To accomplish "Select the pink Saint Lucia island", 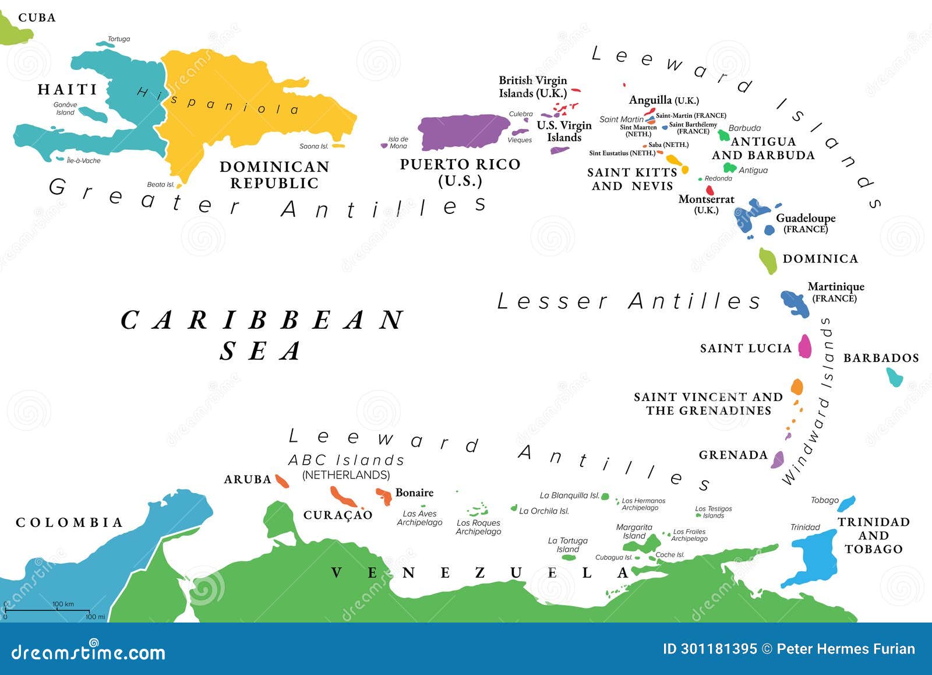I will tap(805, 346).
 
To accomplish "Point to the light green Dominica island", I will tap(768, 260).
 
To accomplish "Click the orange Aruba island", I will tap(282, 481).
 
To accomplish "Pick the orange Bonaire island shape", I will tap(384, 496).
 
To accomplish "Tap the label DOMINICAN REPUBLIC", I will tap(274, 175).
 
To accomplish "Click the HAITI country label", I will tap(68, 89).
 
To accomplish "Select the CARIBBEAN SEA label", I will tap(262, 335).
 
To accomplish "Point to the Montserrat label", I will tap(706, 200).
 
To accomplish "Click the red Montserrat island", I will tap(709, 190).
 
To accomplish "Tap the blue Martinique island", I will tap(795, 303).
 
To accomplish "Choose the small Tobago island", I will tap(846, 503).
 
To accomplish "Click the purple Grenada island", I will tap(778, 460).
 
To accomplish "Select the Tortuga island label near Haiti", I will tap(119, 39).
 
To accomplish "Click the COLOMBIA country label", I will tap(69, 522).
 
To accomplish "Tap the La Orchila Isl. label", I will tap(543, 511).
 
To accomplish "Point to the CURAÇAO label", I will tap(338, 515).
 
